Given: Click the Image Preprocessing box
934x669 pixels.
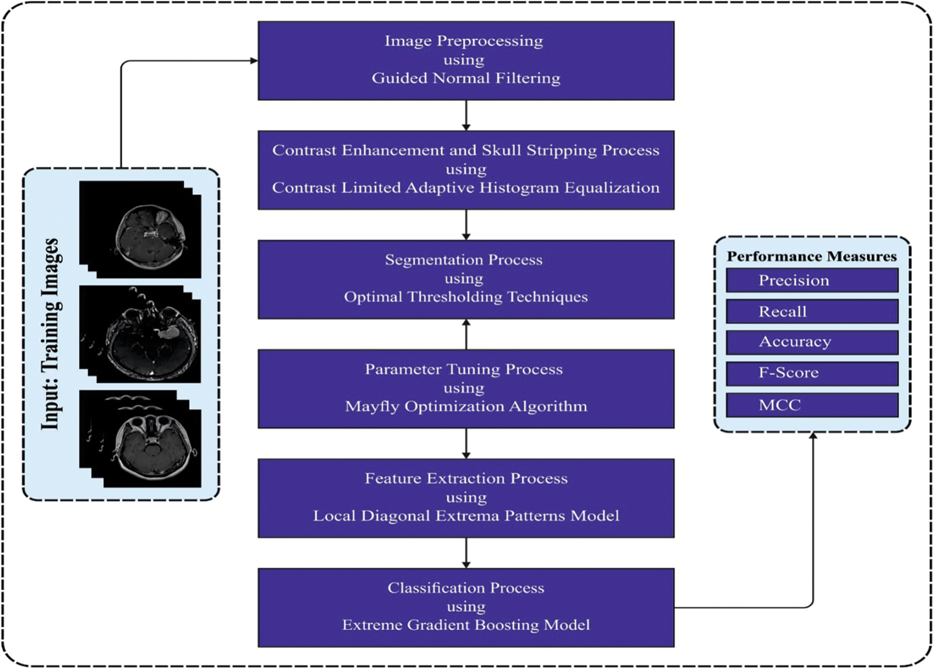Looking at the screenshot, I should (x=466, y=60).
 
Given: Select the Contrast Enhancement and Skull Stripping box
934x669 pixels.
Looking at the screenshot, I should (x=466, y=170).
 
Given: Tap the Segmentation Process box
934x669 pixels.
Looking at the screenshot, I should (x=466, y=279).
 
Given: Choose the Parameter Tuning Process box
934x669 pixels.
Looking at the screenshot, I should (x=466, y=388).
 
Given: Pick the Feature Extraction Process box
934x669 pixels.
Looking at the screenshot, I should (x=466, y=498).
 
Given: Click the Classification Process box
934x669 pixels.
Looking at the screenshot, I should (x=466, y=607).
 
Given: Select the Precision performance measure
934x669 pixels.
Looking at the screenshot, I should (x=812, y=280).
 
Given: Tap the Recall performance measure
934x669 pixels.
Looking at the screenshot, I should (x=812, y=311).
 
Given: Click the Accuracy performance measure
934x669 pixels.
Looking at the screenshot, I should (x=812, y=342).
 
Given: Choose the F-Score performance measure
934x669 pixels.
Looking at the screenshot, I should (x=812, y=373).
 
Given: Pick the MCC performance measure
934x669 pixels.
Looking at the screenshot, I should (x=812, y=405).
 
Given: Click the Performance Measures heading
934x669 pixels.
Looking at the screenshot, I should (x=812, y=257).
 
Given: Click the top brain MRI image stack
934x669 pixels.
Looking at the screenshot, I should (x=140, y=230).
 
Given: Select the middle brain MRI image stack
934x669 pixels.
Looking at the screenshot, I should (x=140, y=334).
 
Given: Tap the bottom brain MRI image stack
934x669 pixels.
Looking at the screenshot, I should (x=140, y=439).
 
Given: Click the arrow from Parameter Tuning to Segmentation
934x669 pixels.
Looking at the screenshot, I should (x=466, y=334).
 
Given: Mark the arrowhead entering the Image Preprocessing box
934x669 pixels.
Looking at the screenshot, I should (x=254, y=61).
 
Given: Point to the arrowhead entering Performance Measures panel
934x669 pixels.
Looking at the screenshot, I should (x=813, y=436).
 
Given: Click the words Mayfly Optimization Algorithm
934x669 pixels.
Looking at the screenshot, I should (x=466, y=407).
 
